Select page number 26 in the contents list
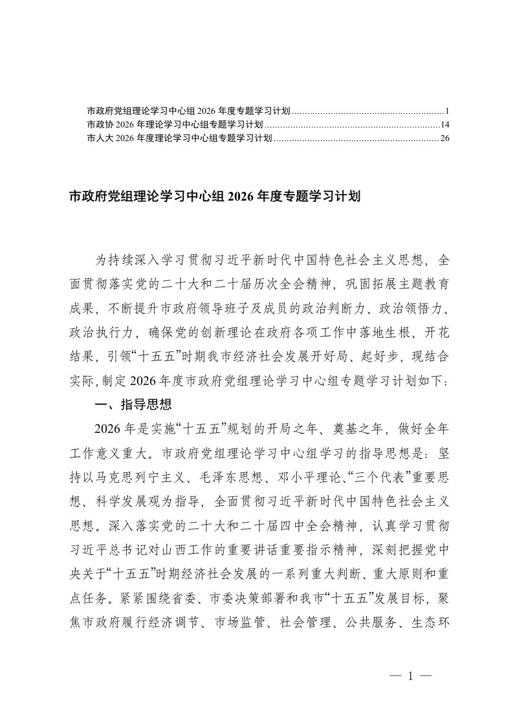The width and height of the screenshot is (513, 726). pos(444,138)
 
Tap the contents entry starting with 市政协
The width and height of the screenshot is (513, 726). pos(175,124)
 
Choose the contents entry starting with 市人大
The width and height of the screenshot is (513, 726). pos(179,138)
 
